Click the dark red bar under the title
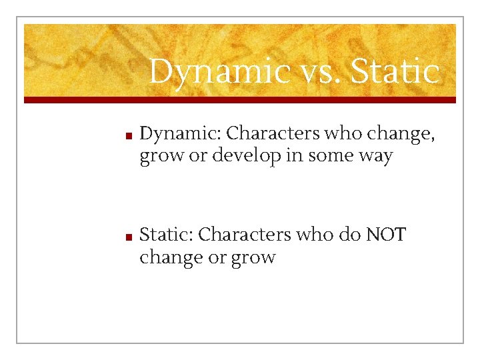coord(240,100)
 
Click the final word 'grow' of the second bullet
coord(252,257)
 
